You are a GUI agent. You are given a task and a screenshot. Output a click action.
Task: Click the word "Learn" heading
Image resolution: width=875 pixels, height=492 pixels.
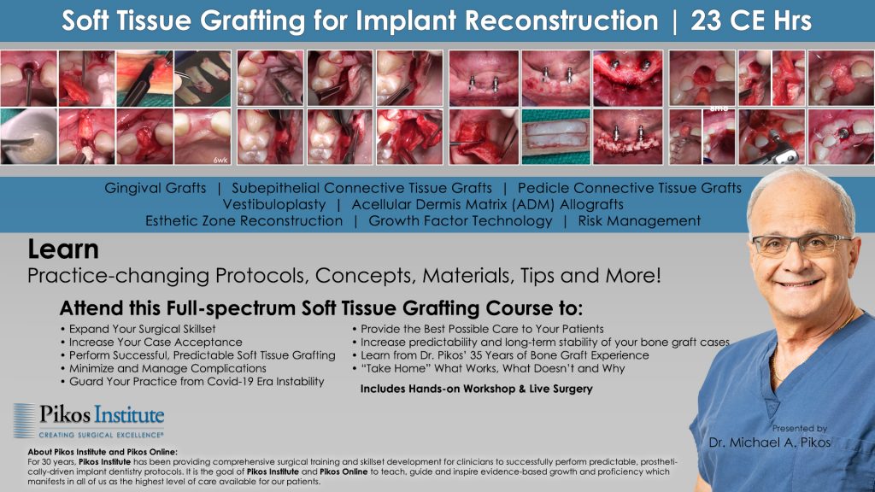(63, 250)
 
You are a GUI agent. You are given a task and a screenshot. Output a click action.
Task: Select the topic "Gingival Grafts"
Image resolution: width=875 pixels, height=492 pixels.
(155, 188)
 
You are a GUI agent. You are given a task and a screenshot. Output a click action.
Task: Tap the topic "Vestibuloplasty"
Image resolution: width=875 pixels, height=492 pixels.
(274, 205)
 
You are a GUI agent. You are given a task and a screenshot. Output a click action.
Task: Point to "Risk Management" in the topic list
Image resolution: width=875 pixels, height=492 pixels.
(639, 221)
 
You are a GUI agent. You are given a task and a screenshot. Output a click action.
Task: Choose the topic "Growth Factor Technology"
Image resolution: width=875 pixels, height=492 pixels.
(460, 221)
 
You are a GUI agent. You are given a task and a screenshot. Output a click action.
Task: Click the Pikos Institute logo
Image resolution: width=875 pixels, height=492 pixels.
(89, 418)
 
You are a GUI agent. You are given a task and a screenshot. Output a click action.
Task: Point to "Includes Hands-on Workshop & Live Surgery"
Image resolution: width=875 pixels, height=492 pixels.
(476, 389)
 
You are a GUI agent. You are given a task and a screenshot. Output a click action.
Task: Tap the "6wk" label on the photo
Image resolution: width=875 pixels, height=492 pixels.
(220, 159)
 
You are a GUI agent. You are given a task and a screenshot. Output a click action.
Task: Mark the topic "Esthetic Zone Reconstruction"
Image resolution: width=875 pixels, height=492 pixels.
(244, 221)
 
